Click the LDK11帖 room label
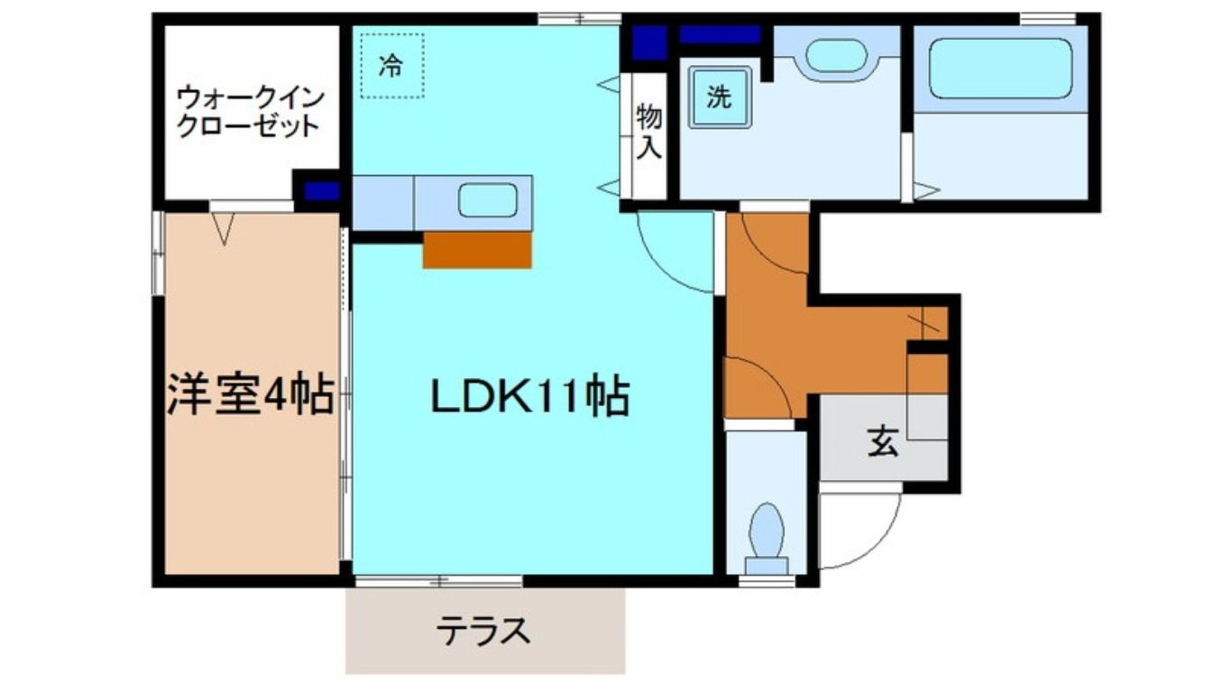point(529,397)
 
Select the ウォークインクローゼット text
point(248,110)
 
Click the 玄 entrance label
point(883,442)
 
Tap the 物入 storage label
point(648,132)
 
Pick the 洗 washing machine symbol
point(719,98)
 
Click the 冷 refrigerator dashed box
point(391,66)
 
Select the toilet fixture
point(766,534)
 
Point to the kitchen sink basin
point(487,200)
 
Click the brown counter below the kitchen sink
point(476,250)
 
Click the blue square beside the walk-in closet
point(320,191)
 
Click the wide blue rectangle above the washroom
point(719,35)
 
